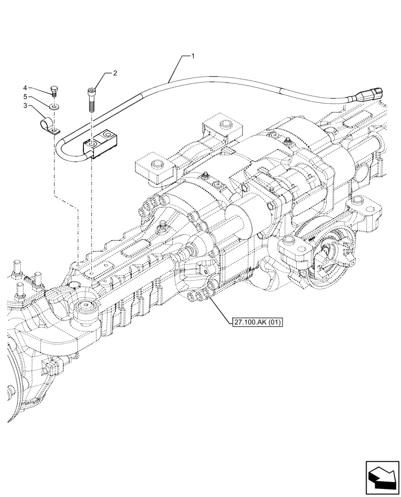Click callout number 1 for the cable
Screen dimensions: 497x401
pyautogui.click(x=193, y=56)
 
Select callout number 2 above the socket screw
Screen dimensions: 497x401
pyautogui.click(x=115, y=73)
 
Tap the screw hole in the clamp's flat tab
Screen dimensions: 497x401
pyautogui.click(x=55, y=132)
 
